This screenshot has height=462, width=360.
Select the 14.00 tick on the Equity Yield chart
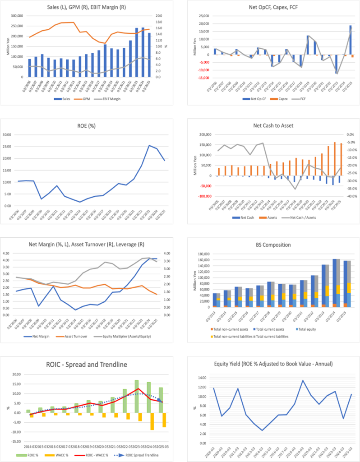pos(197,378)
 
